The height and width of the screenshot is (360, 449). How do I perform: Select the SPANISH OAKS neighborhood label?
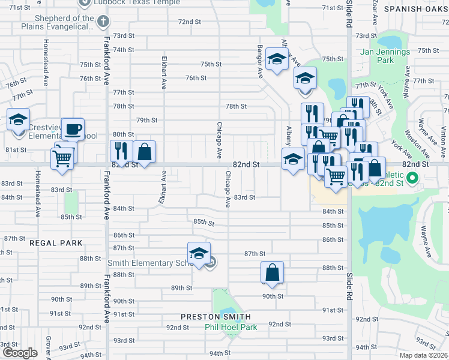click(415, 9)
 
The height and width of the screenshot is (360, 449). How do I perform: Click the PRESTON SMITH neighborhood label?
click(216, 316)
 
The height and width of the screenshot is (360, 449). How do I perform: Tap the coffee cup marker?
click(73, 128)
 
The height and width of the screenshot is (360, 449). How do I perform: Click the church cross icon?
click(103, 22)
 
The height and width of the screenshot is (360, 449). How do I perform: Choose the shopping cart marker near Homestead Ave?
click(62, 159)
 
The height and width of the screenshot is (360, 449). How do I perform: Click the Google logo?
click(20, 353)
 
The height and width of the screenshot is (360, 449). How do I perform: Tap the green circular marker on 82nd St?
click(412, 178)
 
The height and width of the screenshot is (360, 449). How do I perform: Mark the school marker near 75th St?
click(276, 59)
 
